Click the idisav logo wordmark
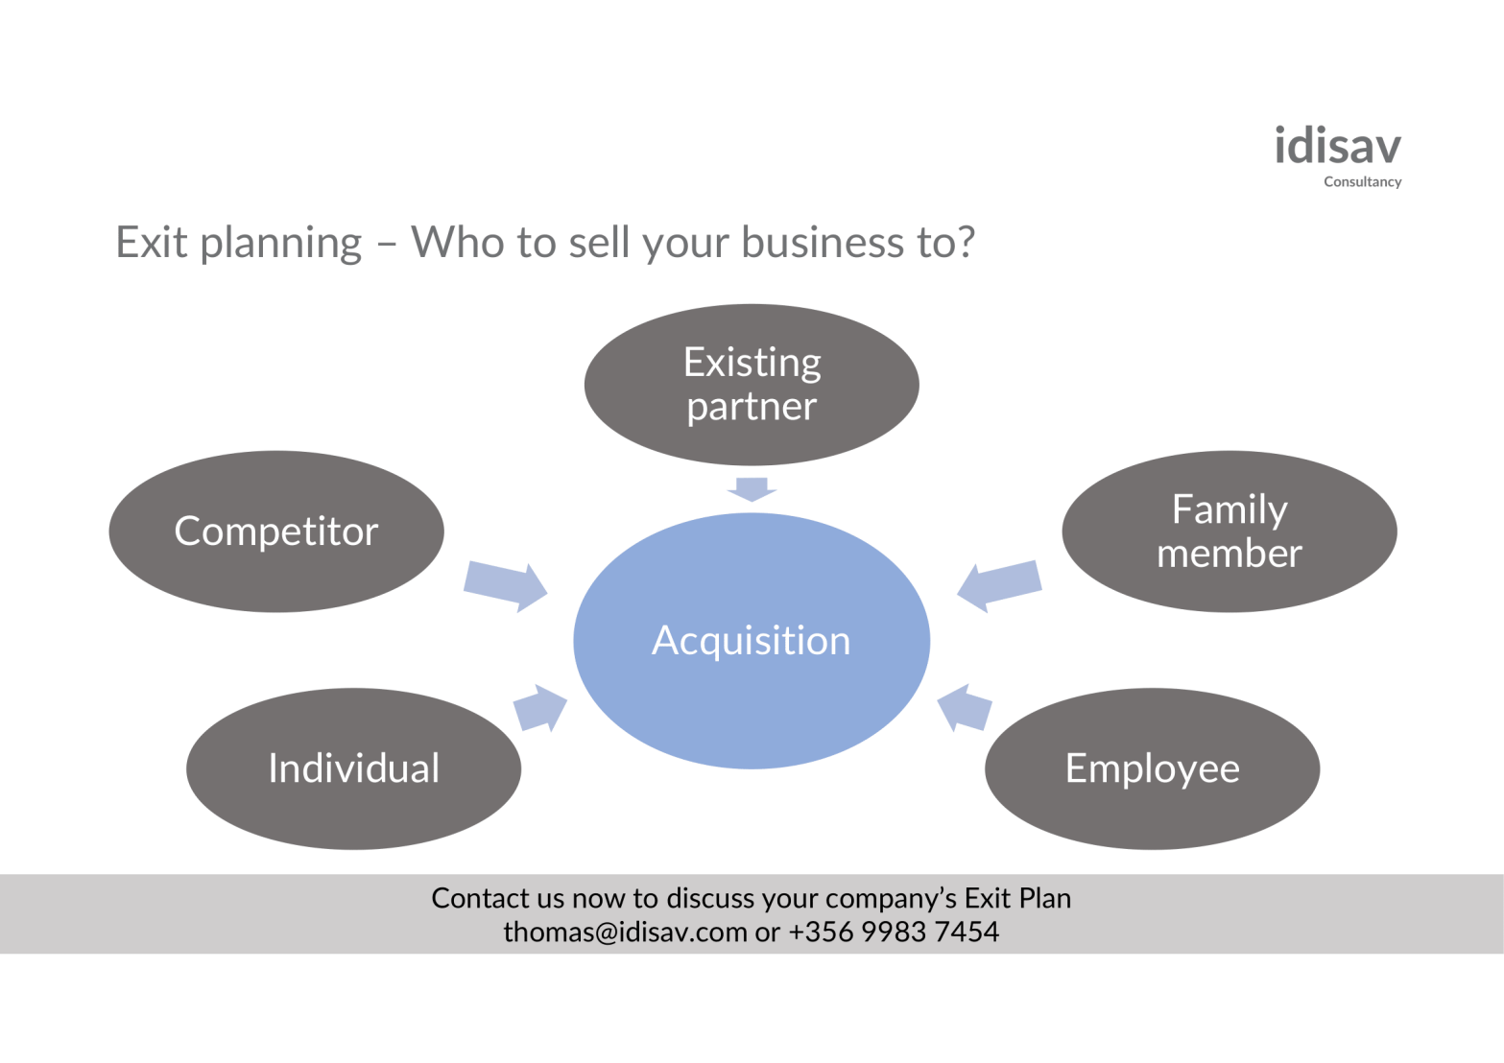[1337, 147]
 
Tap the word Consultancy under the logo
[1362, 181]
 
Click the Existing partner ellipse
[752, 385]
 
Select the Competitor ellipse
[276, 531]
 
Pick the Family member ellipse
[1229, 531]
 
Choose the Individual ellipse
[353, 768]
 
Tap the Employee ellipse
[1152, 768]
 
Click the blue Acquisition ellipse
[752, 641]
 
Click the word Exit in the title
[151, 243]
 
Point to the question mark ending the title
[965, 243]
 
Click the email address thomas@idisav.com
[625, 932]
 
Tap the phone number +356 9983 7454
[894, 932]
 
